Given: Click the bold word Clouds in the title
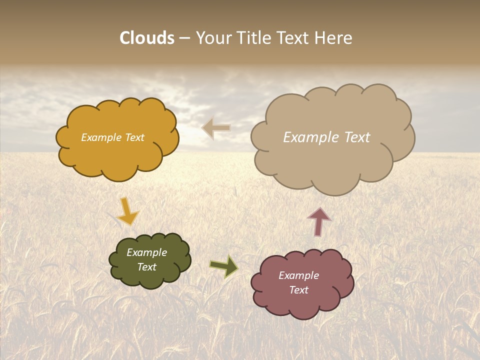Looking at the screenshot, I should pyautogui.click(x=147, y=38).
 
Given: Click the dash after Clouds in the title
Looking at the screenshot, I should pyautogui.click(x=184, y=38).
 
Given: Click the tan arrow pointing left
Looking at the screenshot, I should pyautogui.click(x=216, y=128).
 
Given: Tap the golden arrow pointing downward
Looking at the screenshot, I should pyautogui.click(x=127, y=211).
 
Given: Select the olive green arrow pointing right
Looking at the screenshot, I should pyautogui.click(x=223, y=266).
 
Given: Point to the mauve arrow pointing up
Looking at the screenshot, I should pyautogui.click(x=319, y=221).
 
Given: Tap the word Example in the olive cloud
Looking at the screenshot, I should pyautogui.click(x=146, y=252).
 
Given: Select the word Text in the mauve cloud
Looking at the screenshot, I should pyautogui.click(x=298, y=290).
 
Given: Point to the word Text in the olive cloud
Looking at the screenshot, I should pyautogui.click(x=146, y=267).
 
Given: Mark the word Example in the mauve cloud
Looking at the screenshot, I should pyautogui.click(x=298, y=275).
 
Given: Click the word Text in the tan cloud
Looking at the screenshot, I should pyautogui.click(x=356, y=137).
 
